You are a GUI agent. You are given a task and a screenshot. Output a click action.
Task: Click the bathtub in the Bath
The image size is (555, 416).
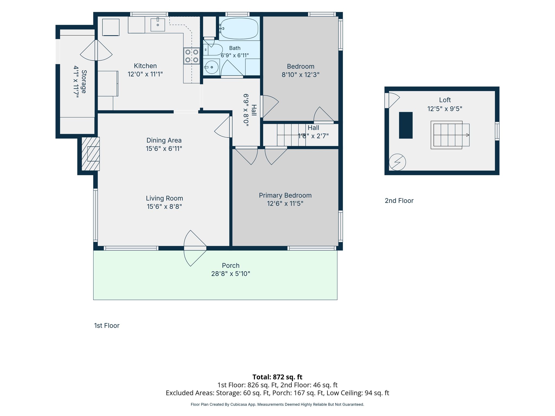click(239, 28)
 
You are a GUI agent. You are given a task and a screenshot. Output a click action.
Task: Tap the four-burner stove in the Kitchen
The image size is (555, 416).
click(192, 56)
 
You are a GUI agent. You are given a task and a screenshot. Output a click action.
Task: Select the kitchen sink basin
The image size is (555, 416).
click(158, 25)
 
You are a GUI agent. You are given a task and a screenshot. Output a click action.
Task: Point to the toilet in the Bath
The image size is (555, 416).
click(213, 50)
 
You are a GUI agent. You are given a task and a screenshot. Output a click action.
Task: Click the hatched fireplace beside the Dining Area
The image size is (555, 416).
click(91, 154)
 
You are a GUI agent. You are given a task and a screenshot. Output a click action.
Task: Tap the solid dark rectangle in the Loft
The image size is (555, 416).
click(406, 125)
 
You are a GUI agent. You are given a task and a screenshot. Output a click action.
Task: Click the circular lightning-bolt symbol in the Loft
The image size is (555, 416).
click(397, 162)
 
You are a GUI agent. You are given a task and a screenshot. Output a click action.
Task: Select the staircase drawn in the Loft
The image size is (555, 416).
click(450, 135)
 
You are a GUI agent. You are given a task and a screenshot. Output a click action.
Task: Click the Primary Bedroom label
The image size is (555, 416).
click(285, 195)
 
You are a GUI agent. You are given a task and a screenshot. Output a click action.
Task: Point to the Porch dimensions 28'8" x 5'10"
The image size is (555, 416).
click(231, 274)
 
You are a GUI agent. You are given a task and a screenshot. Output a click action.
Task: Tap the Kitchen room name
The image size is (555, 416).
click(145, 66)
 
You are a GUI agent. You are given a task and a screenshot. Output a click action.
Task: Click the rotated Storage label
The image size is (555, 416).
click(84, 82)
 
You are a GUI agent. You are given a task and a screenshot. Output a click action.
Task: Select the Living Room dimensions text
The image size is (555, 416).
click(164, 206)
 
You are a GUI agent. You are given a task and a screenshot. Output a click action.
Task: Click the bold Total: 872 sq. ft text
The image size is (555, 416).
click(277, 377)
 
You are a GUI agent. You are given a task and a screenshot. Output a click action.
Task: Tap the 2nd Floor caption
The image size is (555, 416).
click(399, 201)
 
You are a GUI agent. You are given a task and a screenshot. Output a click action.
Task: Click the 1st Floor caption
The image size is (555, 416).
click(107, 326)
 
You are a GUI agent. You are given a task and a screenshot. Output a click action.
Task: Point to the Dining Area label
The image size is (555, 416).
click(164, 140)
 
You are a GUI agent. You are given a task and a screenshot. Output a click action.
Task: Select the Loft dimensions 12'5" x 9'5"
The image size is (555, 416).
click(445, 109)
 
